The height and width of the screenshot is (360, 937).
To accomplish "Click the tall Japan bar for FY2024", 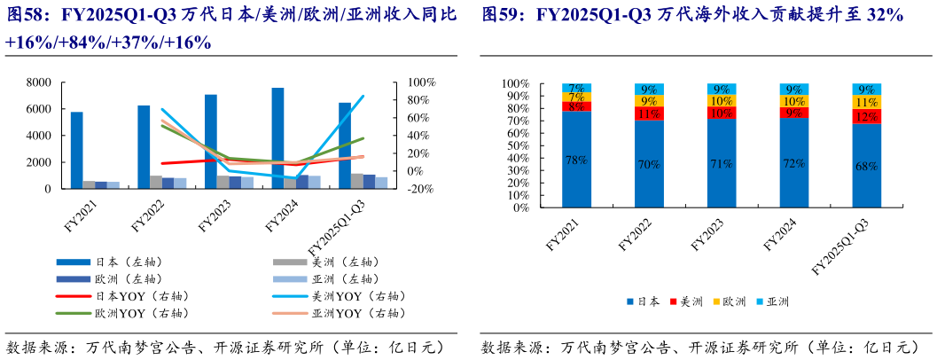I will tap(277, 138).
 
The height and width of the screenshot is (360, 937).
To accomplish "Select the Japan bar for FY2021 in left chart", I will tap(77, 151).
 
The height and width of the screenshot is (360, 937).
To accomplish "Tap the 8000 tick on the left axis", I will tap(35, 82).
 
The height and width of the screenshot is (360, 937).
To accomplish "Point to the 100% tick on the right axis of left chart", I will tap(421, 82).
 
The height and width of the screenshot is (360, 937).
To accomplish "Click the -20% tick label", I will tap(419, 189).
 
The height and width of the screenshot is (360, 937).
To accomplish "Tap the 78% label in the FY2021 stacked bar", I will tap(576, 160).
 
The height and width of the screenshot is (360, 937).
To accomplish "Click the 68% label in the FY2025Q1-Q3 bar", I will tap(866, 166).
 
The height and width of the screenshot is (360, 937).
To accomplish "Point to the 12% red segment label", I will tap(866, 116).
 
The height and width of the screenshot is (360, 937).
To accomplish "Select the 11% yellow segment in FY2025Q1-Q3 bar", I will tap(866, 102).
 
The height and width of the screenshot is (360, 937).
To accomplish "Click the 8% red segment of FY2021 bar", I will tap(576, 106).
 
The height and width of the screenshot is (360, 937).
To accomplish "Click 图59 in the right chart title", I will tap(502, 15).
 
